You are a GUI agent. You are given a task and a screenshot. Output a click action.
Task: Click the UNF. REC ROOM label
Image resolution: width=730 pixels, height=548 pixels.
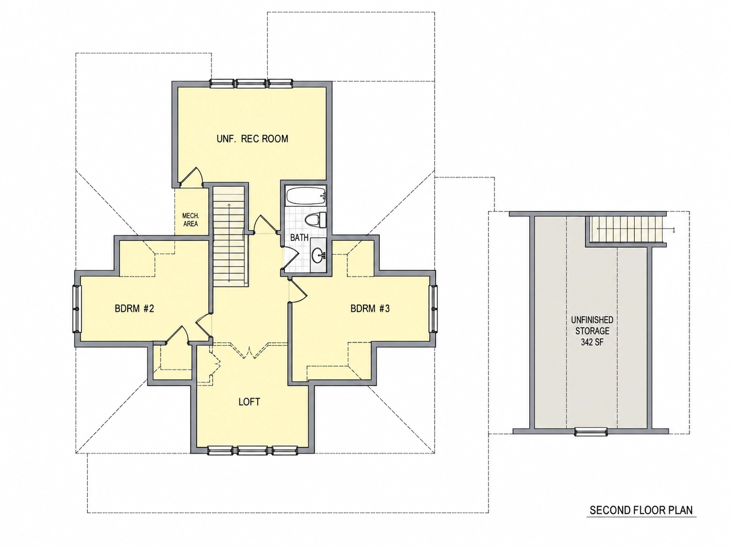pyautogui.click(x=253, y=139)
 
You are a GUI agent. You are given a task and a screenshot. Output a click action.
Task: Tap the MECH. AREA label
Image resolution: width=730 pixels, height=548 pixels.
pyautogui.click(x=191, y=220)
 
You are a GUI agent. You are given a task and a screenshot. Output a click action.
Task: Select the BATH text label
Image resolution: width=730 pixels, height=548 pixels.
pyautogui.click(x=299, y=238)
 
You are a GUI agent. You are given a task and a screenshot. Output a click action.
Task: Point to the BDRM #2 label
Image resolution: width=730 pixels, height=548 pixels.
pyautogui.click(x=135, y=308)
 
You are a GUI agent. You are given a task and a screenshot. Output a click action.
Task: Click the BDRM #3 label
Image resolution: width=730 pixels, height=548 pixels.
pyautogui.click(x=370, y=308)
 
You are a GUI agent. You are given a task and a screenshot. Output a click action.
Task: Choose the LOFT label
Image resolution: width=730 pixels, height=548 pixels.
pyautogui.click(x=250, y=402)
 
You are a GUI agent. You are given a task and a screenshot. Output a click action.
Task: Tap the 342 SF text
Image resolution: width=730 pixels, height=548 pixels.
pyautogui.click(x=592, y=342)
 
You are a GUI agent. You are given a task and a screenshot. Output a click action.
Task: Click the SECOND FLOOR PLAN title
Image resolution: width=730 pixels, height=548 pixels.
pyautogui.click(x=641, y=519)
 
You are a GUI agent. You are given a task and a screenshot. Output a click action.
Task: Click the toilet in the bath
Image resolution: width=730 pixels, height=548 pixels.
pyautogui.click(x=316, y=220)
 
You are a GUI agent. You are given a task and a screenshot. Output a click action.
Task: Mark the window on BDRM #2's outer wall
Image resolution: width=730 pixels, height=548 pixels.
pyautogui.click(x=77, y=309)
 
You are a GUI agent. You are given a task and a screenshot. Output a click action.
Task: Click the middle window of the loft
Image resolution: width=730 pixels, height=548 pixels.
pyautogui.click(x=253, y=450)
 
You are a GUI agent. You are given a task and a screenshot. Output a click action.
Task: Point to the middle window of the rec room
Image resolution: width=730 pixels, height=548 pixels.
pyautogui.click(x=251, y=83)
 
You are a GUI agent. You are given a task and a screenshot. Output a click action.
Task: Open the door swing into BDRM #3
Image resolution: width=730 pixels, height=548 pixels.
pyautogui.click(x=297, y=292)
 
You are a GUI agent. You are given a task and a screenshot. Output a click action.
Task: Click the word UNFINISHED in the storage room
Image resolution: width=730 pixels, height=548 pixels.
pyautogui.click(x=592, y=320)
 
